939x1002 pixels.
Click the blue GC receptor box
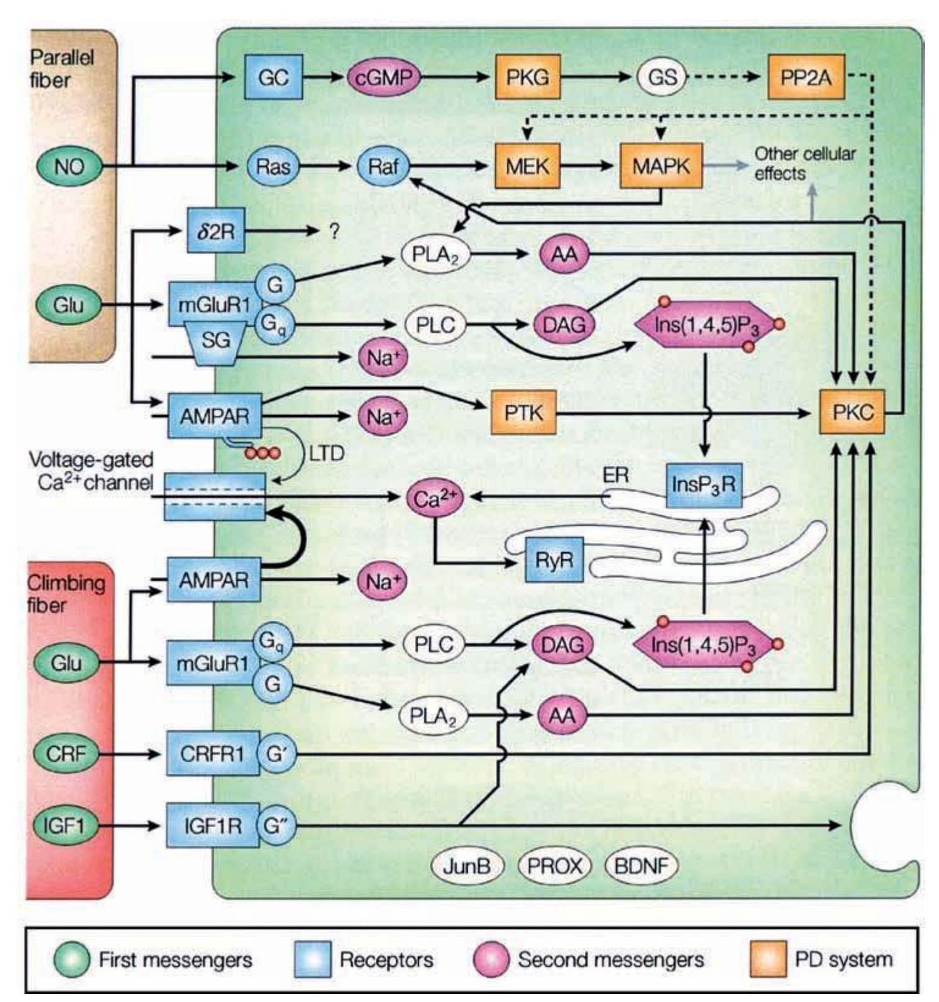(x=273, y=77)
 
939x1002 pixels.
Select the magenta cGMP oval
(x=384, y=78)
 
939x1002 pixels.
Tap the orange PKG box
(x=527, y=77)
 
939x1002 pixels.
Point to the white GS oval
(x=662, y=77)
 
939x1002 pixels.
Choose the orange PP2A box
(x=806, y=77)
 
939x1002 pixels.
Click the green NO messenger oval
(x=69, y=165)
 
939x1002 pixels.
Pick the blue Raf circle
(x=383, y=166)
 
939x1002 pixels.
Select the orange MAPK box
(x=661, y=165)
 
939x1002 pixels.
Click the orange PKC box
(x=852, y=412)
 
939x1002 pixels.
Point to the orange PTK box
(x=524, y=413)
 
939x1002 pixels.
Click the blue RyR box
(x=554, y=559)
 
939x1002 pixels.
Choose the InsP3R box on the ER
(x=704, y=485)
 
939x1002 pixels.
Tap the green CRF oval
(x=66, y=753)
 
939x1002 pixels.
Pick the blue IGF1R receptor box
(x=212, y=826)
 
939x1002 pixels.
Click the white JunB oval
(x=467, y=866)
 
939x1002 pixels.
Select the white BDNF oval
(x=641, y=866)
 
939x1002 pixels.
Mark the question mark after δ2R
(x=334, y=231)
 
